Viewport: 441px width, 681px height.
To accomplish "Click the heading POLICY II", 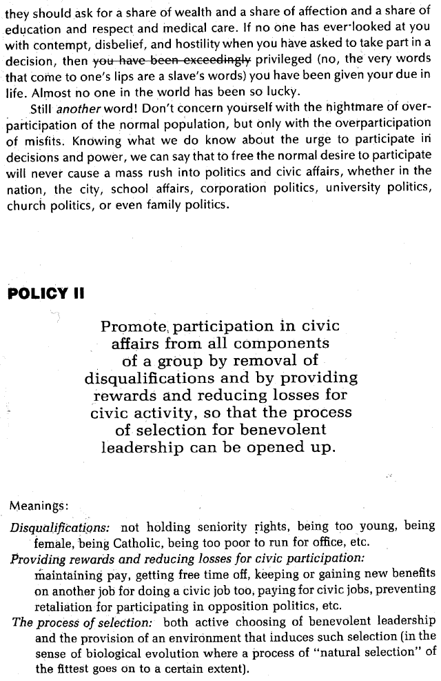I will point(45,293).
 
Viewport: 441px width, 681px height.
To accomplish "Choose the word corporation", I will point(217,188).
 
